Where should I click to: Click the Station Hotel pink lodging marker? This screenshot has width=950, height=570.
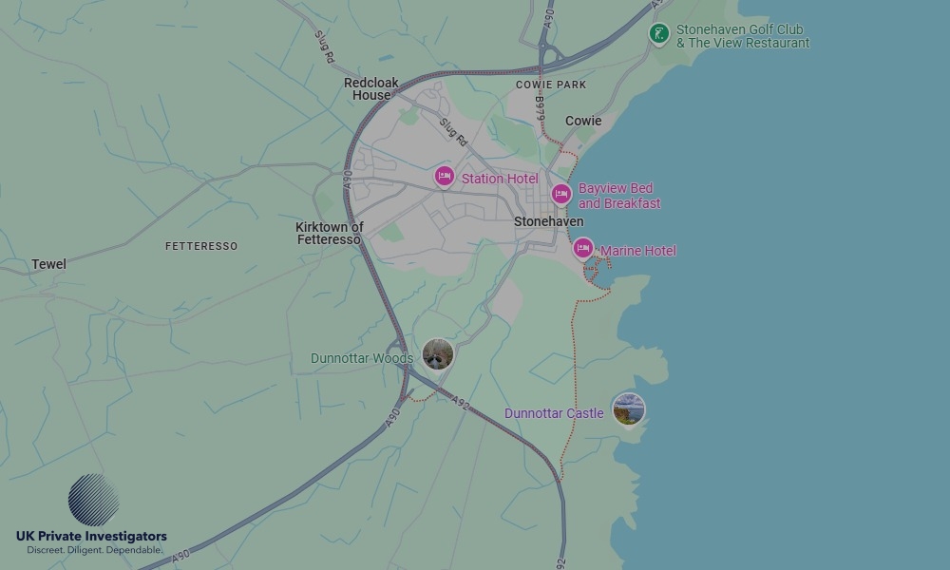[x=444, y=177]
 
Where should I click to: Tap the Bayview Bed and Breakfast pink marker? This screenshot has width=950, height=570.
[x=561, y=195]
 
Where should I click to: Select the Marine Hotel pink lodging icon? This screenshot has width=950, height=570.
[x=583, y=249]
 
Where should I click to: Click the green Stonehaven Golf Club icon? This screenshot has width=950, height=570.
[x=658, y=34]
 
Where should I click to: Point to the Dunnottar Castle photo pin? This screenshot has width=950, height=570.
[x=628, y=409]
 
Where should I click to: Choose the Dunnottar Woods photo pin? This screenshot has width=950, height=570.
[x=438, y=354]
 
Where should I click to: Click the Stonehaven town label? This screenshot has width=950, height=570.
[x=548, y=221]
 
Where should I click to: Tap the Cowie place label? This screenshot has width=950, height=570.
[x=583, y=121]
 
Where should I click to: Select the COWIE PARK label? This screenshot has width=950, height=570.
[x=551, y=85]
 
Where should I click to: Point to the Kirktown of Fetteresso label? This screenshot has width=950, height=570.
[x=329, y=234]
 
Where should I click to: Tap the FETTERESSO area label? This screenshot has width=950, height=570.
[x=201, y=246]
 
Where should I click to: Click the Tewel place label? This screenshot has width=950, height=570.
[x=48, y=264]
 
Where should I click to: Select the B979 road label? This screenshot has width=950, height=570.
[x=540, y=106]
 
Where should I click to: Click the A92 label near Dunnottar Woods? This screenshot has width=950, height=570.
[x=461, y=402]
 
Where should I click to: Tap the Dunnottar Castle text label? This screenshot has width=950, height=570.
[x=554, y=413]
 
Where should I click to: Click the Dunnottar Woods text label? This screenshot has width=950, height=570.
[x=362, y=359]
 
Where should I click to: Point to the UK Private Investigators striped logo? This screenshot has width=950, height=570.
[x=94, y=501]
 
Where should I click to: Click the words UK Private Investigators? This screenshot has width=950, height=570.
[x=91, y=537]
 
